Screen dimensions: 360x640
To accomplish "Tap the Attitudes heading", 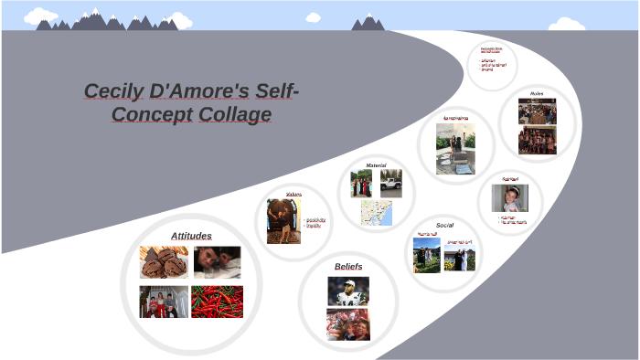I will point(191,236).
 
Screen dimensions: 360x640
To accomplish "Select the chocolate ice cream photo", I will point(164,262).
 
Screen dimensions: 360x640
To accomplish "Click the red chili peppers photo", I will point(218,302).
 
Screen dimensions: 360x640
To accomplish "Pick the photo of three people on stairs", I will point(164,302).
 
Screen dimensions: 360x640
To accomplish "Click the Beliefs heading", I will point(348,266).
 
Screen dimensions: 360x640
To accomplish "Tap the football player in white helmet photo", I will point(348,291).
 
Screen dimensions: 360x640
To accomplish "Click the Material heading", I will point(376,165).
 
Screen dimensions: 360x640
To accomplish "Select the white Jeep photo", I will point(391,183).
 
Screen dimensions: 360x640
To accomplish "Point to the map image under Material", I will point(376,214).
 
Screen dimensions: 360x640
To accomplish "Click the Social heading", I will point(444,225).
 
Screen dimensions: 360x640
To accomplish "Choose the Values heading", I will point(293,195).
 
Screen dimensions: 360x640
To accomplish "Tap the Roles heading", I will point(537,93).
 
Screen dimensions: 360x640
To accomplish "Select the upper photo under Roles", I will point(537,111).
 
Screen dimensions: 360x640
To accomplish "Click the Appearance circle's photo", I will point(455,149).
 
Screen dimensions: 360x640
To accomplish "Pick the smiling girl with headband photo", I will point(509,198).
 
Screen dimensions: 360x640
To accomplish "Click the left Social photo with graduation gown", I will point(427,255).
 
